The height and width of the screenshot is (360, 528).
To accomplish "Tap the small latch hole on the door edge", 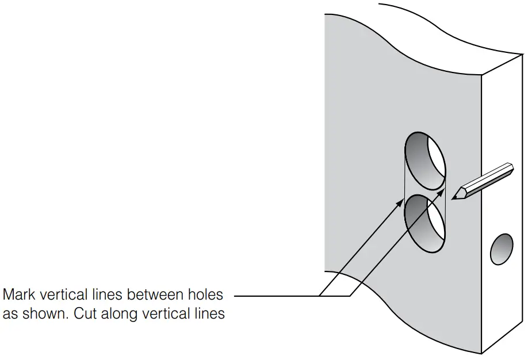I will (500, 250).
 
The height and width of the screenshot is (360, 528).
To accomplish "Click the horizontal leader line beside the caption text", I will (276, 296).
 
